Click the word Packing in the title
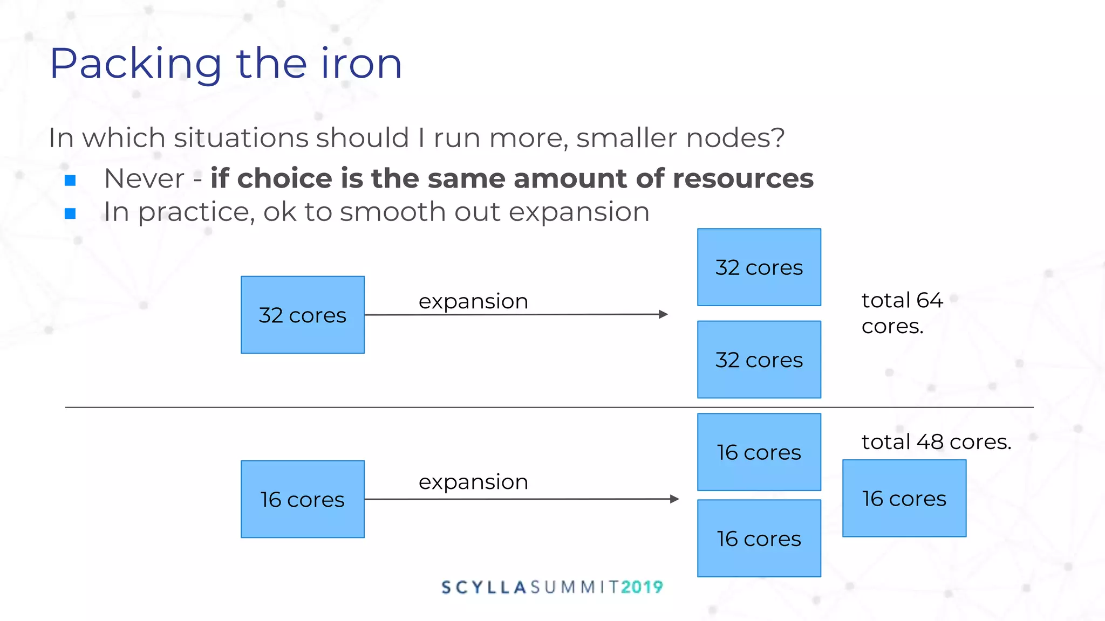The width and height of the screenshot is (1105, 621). (x=135, y=65)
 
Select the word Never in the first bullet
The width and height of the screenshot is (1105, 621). (x=144, y=178)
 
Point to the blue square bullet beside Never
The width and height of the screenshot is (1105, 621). (x=70, y=181)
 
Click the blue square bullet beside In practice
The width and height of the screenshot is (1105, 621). (x=70, y=214)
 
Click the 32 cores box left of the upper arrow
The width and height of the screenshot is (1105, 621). (x=303, y=315)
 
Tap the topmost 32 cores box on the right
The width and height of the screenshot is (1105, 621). (x=759, y=267)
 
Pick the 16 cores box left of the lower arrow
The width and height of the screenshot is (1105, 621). (x=303, y=499)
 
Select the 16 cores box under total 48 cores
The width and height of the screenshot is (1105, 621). (x=904, y=498)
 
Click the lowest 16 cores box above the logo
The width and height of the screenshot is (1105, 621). (x=759, y=539)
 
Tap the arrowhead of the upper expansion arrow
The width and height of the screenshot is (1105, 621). (x=664, y=314)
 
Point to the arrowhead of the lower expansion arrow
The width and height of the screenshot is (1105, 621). (x=674, y=499)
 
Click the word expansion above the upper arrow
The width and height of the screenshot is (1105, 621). (x=473, y=301)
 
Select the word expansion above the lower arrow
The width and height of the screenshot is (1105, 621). (x=473, y=482)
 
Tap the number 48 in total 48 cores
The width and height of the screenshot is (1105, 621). (x=930, y=442)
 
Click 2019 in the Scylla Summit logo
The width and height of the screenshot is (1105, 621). (x=642, y=587)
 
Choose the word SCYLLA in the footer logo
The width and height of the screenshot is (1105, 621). (x=483, y=587)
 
